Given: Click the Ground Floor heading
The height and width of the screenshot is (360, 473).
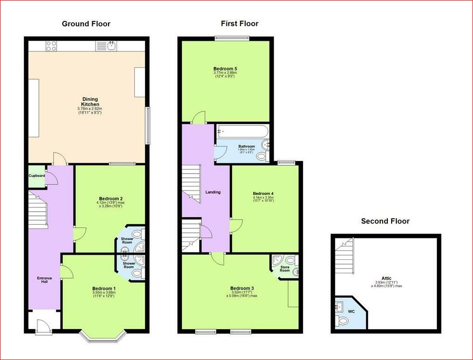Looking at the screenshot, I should tap(86, 24).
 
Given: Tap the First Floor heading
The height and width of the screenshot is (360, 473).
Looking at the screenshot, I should tap(240, 23).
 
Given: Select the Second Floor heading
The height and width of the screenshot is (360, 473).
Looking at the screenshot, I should tap(385, 221).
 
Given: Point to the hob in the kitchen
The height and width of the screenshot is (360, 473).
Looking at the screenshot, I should tap(52, 46).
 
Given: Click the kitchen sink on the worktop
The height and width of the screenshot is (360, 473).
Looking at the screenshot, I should tap(111, 45).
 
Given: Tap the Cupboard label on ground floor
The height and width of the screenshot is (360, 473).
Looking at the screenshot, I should tap(37, 176).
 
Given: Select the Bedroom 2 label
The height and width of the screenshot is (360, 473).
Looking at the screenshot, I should tap(111, 198).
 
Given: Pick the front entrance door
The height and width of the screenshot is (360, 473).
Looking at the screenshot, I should tap(43, 326).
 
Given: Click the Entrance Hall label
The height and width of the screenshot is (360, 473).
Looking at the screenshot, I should tap(44, 280).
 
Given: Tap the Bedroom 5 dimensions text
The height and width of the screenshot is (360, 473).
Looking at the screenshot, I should tap(225, 74).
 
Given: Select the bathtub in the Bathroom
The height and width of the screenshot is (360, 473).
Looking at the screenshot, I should tap(242, 132).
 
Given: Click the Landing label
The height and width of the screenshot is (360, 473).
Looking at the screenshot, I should tap(213, 192).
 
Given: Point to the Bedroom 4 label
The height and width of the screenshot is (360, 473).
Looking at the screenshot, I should tap(263, 193).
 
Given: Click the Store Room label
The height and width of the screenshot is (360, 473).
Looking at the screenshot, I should tap(284, 269).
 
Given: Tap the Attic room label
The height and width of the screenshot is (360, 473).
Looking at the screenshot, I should tap(386, 278).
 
